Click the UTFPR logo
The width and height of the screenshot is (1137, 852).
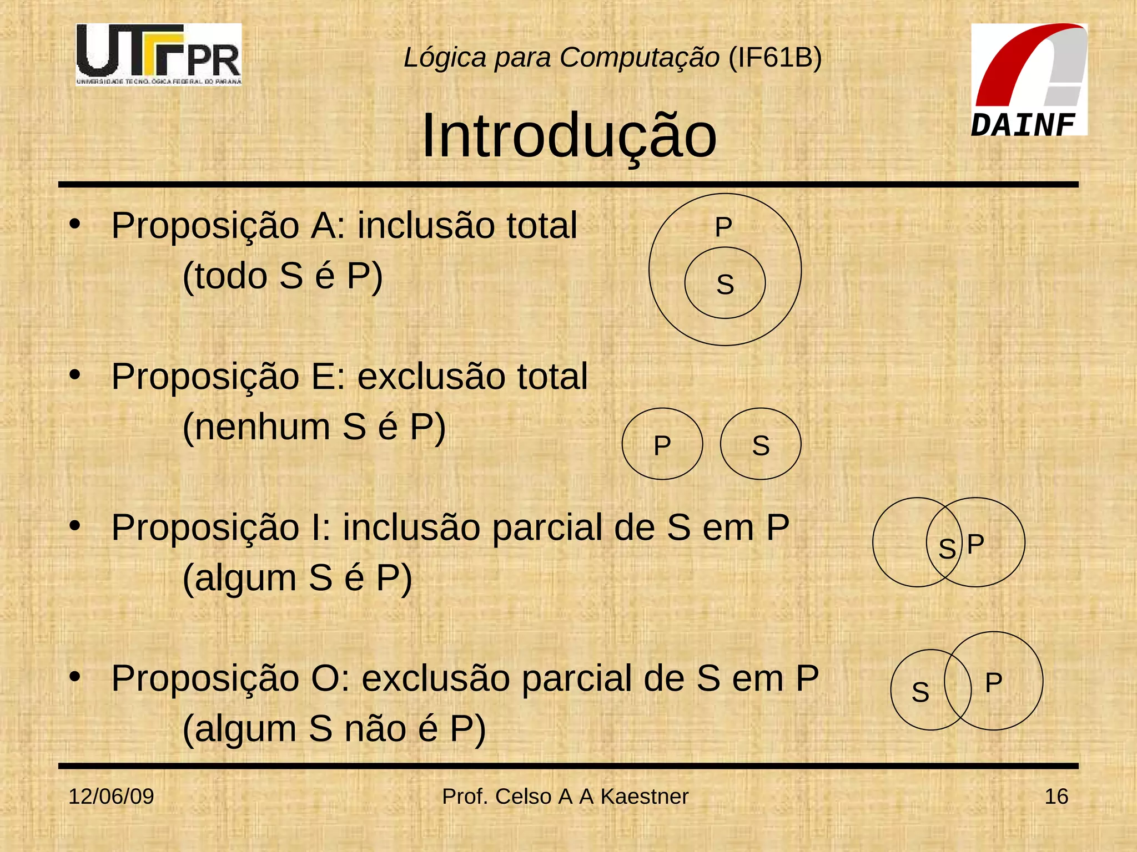coord(159,54)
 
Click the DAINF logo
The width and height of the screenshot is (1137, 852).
coord(1028,79)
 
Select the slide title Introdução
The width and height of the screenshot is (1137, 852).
coord(569,136)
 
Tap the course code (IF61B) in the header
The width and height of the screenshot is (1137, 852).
coord(774,57)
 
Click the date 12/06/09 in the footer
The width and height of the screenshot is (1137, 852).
coord(111,797)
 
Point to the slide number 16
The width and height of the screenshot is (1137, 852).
coord(1056,797)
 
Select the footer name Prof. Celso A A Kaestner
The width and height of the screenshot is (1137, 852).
coord(565,797)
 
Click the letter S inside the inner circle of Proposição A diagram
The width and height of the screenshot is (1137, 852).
coord(725,285)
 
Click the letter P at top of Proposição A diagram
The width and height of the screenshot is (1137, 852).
coord(723,227)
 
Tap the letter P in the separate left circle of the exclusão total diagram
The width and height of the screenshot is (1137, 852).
coord(662,445)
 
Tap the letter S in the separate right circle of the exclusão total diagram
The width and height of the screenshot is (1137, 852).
coord(761,445)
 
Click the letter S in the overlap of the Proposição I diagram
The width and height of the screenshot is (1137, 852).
coord(947,549)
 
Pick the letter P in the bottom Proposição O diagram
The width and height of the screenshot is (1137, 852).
coord(993,682)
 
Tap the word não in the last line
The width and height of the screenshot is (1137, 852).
coord(375,729)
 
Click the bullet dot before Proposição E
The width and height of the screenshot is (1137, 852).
coord(75,376)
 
